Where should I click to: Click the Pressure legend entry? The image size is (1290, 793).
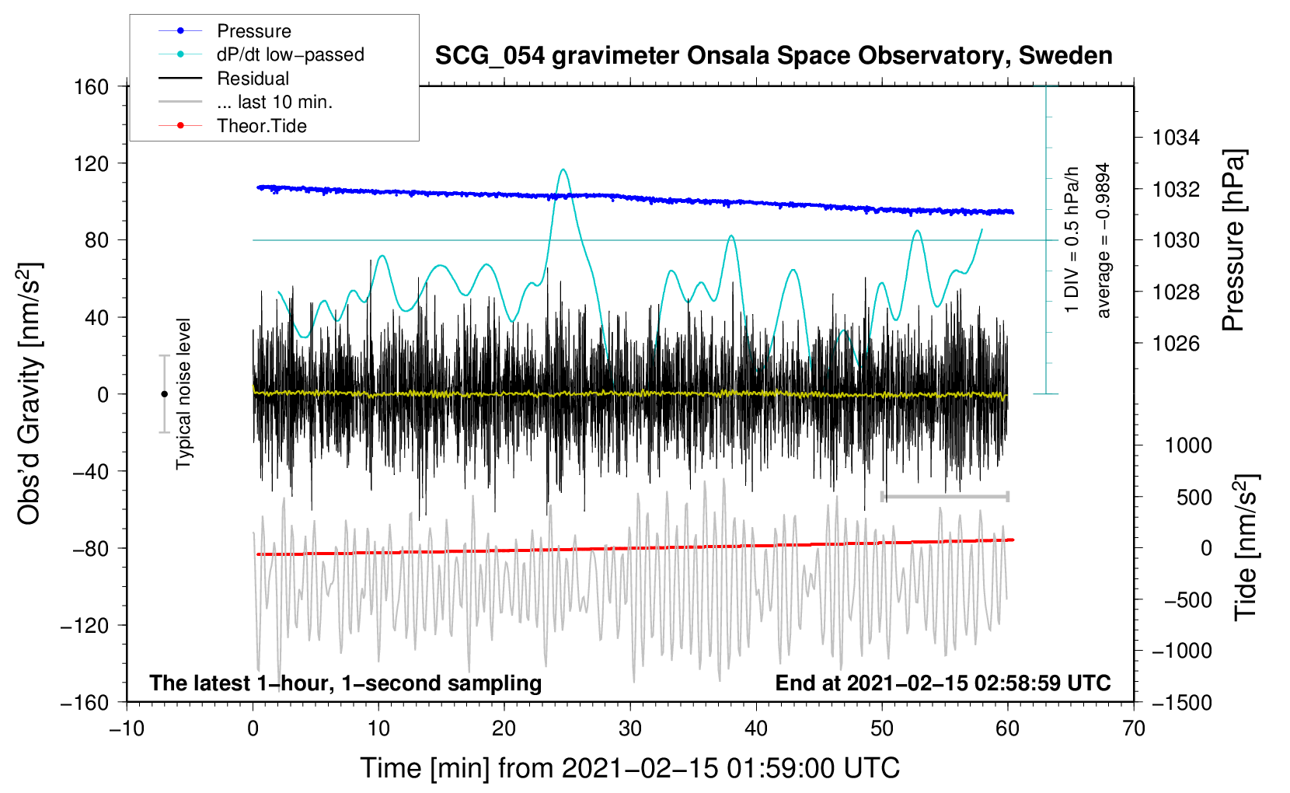[253, 31]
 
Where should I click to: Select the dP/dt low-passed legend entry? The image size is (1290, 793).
[290, 54]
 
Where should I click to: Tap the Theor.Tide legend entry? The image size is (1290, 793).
[261, 126]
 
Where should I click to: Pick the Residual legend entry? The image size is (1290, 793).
[253, 79]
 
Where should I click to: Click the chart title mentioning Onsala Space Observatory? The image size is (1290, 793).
[773, 56]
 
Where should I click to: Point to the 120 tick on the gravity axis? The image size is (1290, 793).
[92, 163]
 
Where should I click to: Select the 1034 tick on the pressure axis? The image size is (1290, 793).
[1176, 138]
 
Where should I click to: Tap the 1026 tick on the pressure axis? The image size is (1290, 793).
[1176, 343]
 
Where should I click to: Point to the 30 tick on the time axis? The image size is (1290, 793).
[630, 728]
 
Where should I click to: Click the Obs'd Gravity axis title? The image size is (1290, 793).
[30, 394]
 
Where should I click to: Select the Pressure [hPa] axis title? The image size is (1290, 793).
[1233, 241]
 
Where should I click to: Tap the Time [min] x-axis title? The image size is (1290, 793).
[630, 768]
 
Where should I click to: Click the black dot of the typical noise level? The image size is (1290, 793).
[164, 394]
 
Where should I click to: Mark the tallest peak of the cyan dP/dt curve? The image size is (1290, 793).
[563, 169]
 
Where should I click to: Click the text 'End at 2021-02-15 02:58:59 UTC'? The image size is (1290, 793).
[943, 683]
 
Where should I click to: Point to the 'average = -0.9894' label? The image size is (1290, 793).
[1103, 240]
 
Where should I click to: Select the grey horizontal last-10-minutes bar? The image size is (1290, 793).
[944, 496]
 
